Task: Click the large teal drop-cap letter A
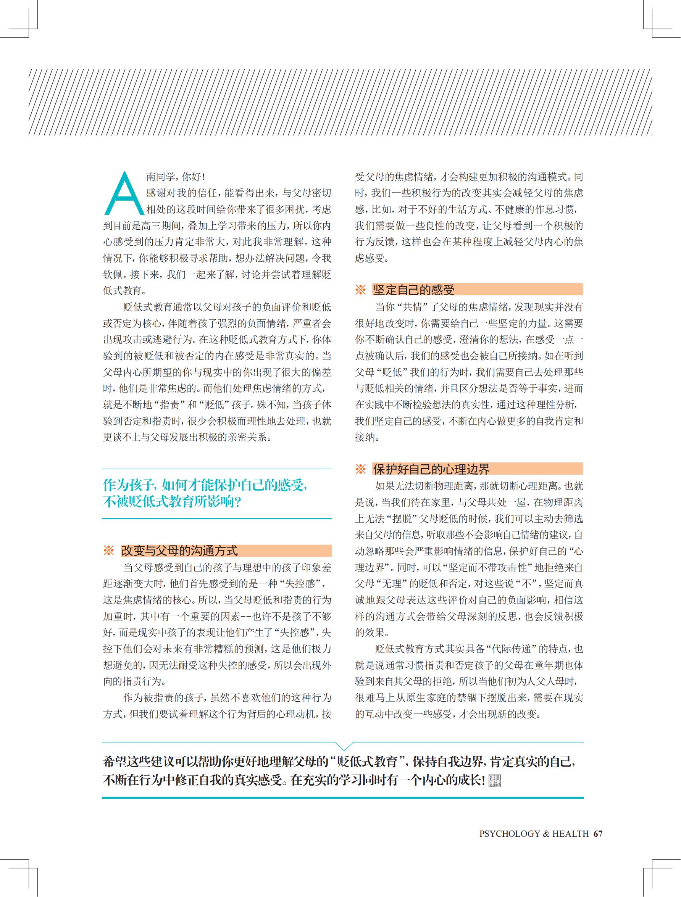pyautogui.click(x=124, y=194)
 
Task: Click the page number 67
pyautogui.click(x=597, y=833)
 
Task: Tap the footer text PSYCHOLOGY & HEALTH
pyautogui.click(x=534, y=834)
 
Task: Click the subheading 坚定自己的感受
pyautogui.click(x=414, y=290)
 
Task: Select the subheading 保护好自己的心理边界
pyautogui.click(x=431, y=469)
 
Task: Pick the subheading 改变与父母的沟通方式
pyautogui.click(x=179, y=551)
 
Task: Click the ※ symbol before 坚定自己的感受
pyautogui.click(x=360, y=290)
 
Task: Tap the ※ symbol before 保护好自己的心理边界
pyautogui.click(x=360, y=469)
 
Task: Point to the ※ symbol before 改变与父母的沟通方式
pyautogui.click(x=108, y=551)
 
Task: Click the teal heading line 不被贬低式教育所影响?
pyautogui.click(x=173, y=502)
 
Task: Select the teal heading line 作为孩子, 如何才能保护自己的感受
pyautogui.click(x=205, y=485)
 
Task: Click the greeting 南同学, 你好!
pyautogui.click(x=176, y=177)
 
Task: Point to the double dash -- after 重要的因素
pyautogui.click(x=246, y=617)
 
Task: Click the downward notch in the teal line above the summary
pyautogui.click(x=343, y=745)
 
